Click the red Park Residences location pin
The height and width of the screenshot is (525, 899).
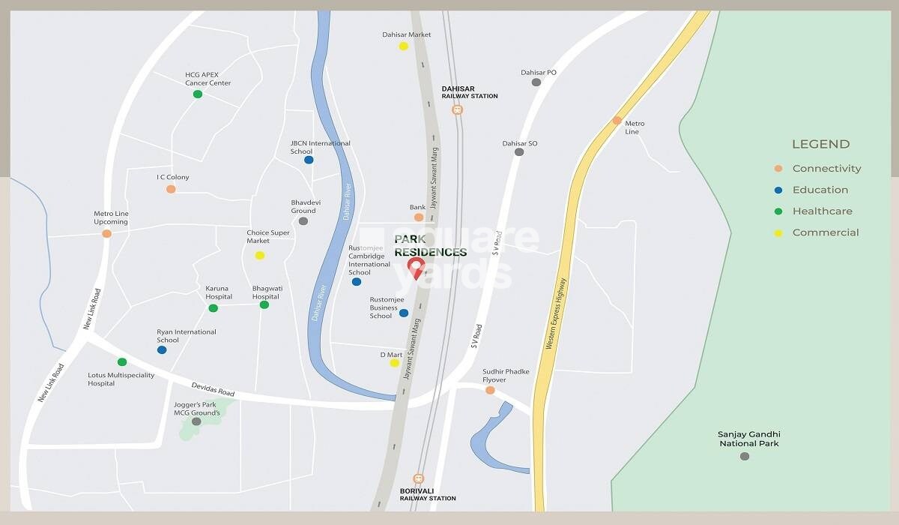pos(415,266)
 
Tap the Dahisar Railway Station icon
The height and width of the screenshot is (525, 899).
pos(457,109)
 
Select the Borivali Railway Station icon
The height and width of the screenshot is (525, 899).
pos(418,478)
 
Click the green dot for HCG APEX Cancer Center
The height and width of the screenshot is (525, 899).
pos(198,94)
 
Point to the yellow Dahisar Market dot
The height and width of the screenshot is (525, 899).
pos(403,46)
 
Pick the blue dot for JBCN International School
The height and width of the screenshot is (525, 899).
pos(309,159)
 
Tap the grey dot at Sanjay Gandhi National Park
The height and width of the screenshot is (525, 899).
pos(744,456)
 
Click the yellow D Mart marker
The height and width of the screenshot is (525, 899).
pos(394,363)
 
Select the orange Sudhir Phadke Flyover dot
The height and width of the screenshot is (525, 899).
pos(490,390)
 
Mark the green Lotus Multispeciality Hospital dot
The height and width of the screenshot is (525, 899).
pos(122,362)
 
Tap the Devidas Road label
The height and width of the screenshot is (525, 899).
pos(213,388)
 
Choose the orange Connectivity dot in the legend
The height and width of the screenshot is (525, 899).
pos(778,169)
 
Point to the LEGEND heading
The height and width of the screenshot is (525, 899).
pos(820,144)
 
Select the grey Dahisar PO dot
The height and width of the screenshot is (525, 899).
pos(536,82)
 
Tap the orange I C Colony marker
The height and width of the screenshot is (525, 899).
pos(171,189)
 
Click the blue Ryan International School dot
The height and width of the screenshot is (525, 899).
pos(162,349)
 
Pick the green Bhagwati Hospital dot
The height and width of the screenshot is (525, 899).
pos(264,304)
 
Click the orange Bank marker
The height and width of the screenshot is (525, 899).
pos(419,217)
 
